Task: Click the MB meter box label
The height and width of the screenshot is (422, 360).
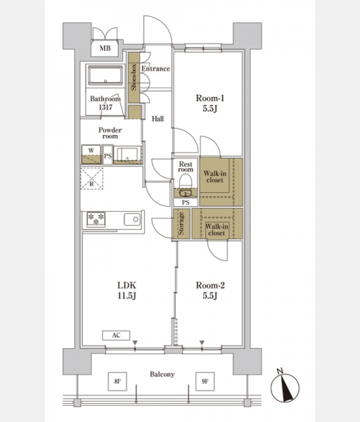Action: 105,48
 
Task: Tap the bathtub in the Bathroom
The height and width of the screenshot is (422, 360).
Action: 105,76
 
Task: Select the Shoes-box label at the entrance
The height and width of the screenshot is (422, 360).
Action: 134,77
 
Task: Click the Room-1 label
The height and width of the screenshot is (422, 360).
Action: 210,98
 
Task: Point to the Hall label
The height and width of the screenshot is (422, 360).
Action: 157,119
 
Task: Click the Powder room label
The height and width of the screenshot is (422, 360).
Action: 110,133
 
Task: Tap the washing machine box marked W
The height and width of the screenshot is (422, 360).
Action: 91,155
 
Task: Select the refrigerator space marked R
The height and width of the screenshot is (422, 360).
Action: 91,179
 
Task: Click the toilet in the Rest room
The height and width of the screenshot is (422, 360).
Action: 186,184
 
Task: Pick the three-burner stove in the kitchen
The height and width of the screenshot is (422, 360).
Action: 96,219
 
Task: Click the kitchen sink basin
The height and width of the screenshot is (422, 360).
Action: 132,219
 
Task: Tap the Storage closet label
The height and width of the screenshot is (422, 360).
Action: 181,224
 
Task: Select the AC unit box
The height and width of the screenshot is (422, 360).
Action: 116,335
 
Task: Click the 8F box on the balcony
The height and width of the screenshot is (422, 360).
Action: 117,381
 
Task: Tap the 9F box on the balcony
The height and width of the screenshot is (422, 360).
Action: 205,381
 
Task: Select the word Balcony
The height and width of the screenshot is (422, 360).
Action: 162,374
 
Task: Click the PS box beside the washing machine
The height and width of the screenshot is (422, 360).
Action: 108,155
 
